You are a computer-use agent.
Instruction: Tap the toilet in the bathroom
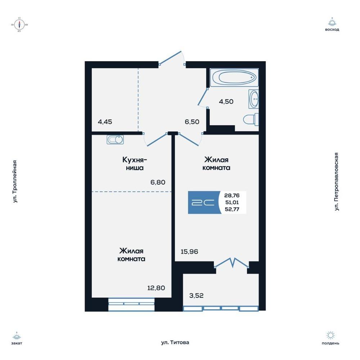pyautogui.click(x=251, y=120)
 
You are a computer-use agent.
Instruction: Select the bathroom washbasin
pyautogui.click(x=253, y=99)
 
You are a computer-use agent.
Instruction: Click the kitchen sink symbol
pyautogui.click(x=115, y=140)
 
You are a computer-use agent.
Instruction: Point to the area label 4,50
pyautogui.click(x=226, y=102)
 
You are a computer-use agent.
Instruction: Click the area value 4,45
pyautogui.click(x=105, y=122)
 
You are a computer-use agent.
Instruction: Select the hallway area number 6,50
pyautogui.click(x=192, y=122)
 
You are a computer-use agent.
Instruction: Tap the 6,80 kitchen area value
pyautogui.click(x=158, y=182)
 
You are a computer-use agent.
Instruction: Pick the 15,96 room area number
pyautogui.click(x=189, y=252)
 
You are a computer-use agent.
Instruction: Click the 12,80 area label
pyautogui.click(x=156, y=288)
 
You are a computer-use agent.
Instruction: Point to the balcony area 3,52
pyautogui.click(x=196, y=296)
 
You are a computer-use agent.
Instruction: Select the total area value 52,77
pyautogui.click(x=232, y=209)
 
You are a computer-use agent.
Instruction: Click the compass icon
pyautogui.click(x=19, y=24)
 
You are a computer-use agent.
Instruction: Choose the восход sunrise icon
pyautogui.click(x=332, y=22)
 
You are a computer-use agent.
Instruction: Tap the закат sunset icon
pyautogui.click(x=17, y=336)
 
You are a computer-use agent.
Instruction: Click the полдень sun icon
pyautogui.click(x=330, y=335)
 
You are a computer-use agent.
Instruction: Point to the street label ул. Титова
pyautogui.click(x=175, y=343)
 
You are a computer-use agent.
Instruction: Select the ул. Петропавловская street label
pyautogui.click(x=336, y=181)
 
